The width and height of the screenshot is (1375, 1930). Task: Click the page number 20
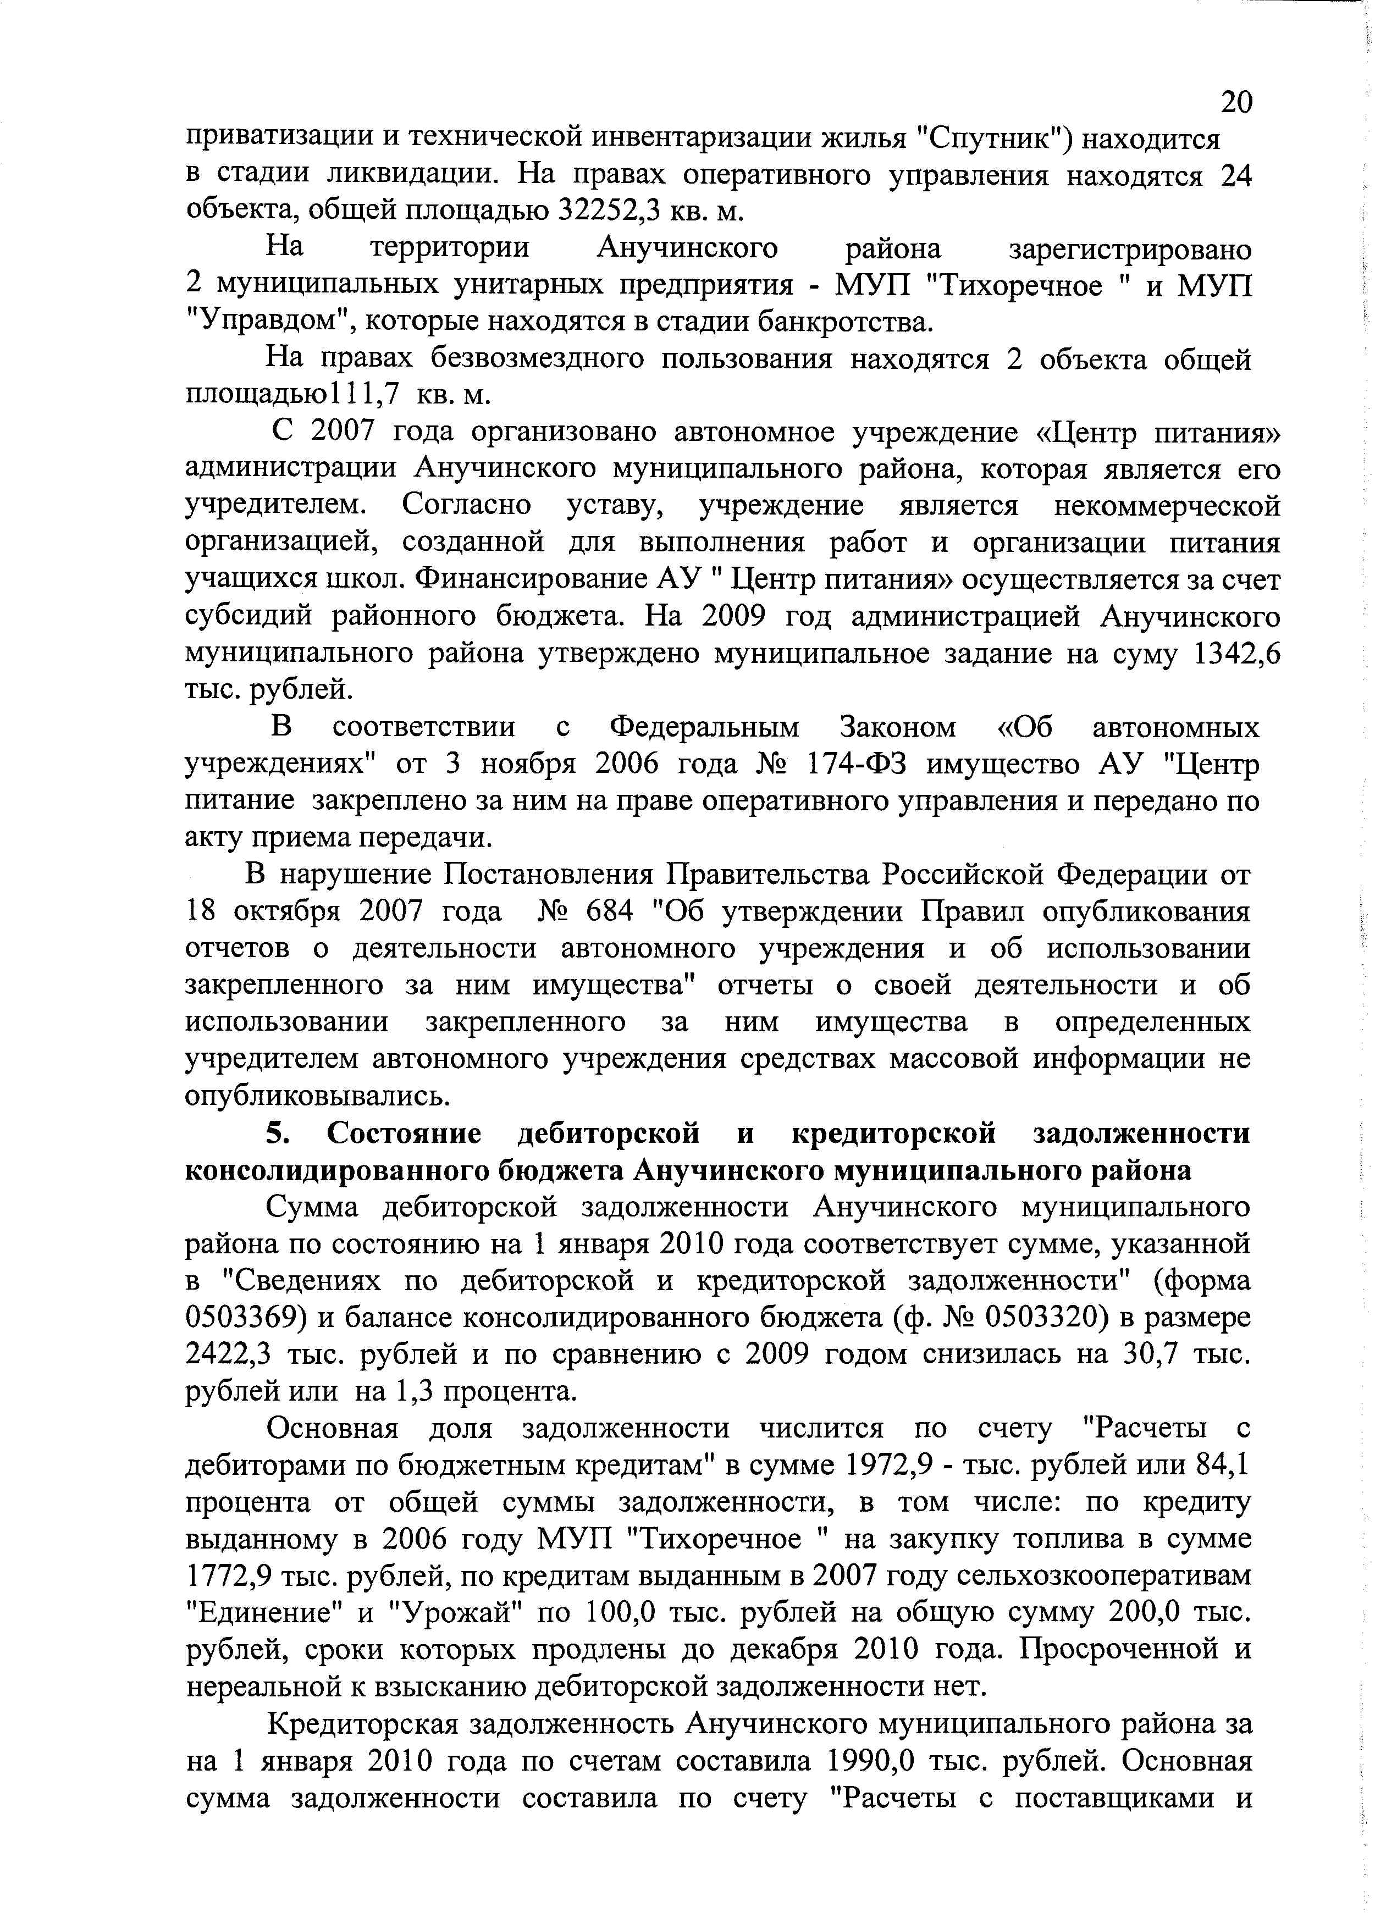(x=1235, y=102)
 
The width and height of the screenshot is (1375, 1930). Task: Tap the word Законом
(x=897, y=728)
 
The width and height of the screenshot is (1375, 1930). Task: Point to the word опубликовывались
(x=318, y=1096)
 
